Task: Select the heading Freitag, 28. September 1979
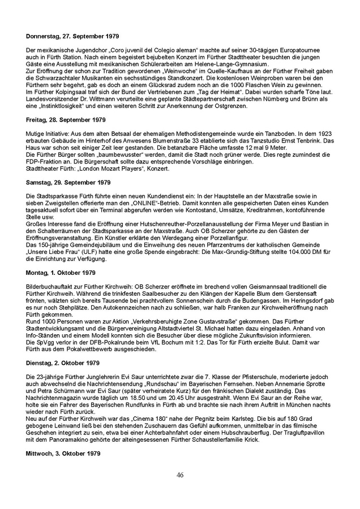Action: [58, 120]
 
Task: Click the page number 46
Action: [180, 475]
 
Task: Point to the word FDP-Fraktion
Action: [46, 162]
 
